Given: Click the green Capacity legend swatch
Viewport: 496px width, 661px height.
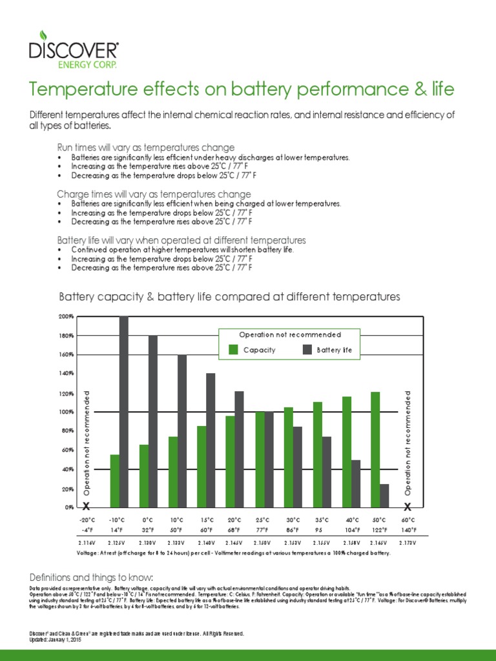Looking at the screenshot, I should click(x=233, y=350).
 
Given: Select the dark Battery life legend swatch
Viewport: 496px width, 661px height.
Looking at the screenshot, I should click(x=307, y=350).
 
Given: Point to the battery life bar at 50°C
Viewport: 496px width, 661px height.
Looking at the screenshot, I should click(x=384, y=495).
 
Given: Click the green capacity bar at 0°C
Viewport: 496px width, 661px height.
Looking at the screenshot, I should click(x=144, y=475).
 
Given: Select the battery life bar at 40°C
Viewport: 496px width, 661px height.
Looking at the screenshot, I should click(x=355, y=483).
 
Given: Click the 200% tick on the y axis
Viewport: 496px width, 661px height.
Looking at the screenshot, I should click(x=67, y=317).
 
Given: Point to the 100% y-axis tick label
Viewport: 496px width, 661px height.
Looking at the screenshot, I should click(x=67, y=412).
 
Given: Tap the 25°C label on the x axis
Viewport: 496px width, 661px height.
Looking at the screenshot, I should click(x=263, y=519).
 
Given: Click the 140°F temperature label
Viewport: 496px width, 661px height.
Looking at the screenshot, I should click(x=408, y=529).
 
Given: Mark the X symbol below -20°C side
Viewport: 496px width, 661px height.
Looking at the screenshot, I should click(x=87, y=507).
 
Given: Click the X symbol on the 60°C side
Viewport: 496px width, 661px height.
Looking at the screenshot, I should click(x=408, y=507).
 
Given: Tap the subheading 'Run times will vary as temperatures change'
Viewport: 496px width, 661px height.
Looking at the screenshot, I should click(x=154, y=148).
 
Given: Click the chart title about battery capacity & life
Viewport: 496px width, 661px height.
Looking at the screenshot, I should click(x=230, y=297).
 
